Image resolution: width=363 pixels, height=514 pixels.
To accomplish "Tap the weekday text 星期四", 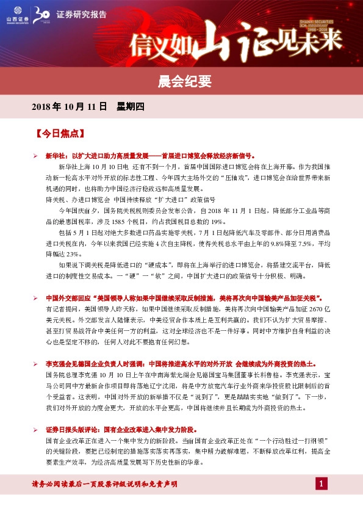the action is (x=130, y=107).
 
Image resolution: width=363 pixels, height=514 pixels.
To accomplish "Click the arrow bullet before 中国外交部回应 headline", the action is (x=36, y=299).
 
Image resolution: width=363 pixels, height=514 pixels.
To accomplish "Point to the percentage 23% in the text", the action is (x=72, y=253).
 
